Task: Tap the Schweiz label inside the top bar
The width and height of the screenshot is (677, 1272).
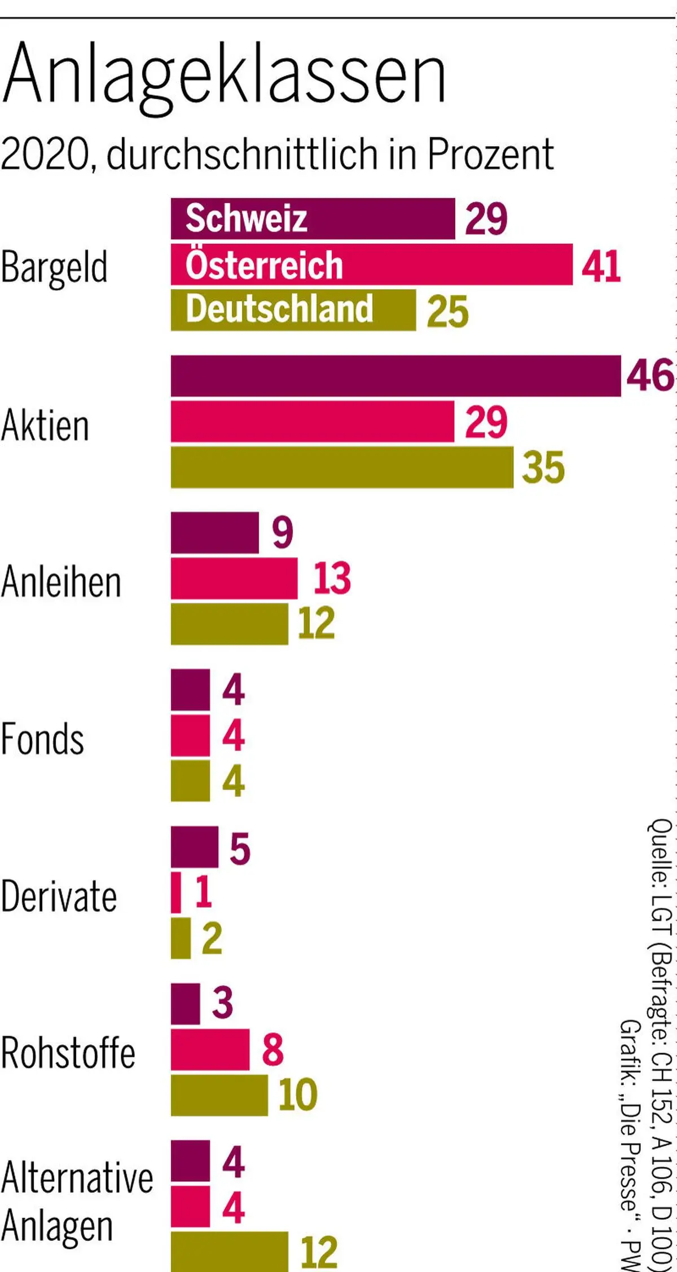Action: click(247, 219)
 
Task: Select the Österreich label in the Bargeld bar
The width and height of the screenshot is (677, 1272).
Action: click(264, 265)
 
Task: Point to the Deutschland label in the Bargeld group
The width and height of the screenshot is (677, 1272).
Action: click(279, 309)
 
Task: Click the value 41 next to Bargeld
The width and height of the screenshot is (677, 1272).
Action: click(601, 266)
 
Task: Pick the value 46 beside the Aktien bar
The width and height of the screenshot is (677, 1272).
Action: click(649, 376)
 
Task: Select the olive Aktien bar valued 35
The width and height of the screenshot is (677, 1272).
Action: click(342, 467)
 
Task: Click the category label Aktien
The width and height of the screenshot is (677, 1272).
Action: click(45, 426)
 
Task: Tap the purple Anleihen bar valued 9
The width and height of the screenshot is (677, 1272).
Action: click(215, 533)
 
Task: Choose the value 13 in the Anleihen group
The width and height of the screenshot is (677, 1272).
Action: click(332, 578)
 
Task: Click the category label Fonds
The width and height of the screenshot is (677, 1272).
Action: click(42, 739)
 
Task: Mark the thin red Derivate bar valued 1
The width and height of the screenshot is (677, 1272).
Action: click(176, 893)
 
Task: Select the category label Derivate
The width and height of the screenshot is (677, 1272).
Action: click(59, 896)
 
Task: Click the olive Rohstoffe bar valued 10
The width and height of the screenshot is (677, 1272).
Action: click(219, 1095)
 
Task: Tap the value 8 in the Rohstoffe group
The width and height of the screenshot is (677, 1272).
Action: click(272, 1050)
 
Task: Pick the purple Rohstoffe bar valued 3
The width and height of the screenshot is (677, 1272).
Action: click(186, 1004)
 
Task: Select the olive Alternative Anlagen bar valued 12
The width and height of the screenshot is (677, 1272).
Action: click(230, 1253)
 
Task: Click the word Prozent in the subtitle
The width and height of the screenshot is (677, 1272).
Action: click(490, 154)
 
